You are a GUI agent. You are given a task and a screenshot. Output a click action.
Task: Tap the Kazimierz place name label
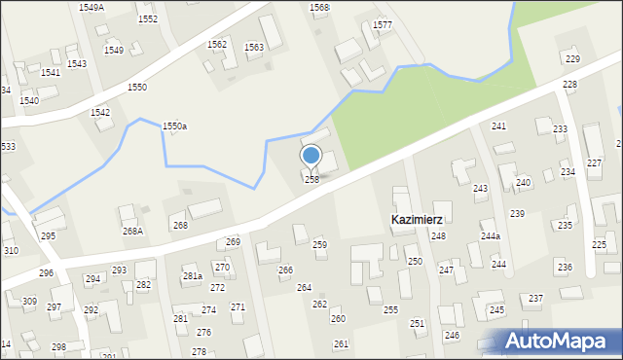point(418,220)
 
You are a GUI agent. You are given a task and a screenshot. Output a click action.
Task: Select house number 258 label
point(311,180)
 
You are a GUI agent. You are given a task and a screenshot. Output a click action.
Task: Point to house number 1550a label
point(174,126)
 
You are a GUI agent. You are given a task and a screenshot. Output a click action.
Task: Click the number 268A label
point(132,232)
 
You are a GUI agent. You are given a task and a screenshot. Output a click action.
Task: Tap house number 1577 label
point(383,24)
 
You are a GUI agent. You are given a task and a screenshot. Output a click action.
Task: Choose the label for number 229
point(572,60)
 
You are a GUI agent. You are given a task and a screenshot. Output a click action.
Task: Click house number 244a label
point(490,236)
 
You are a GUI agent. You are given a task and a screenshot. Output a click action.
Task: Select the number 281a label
point(192,276)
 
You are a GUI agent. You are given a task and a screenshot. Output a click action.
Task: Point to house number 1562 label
point(217,45)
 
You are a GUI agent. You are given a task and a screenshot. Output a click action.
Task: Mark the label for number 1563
point(253,47)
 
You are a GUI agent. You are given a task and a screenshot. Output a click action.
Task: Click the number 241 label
point(498,127)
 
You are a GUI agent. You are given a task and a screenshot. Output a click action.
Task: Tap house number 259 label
point(319,245)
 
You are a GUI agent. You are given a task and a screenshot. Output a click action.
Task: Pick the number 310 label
point(11,251)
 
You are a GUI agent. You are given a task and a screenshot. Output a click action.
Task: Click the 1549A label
point(92,8)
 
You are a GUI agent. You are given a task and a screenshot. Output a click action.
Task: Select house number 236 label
point(564,267)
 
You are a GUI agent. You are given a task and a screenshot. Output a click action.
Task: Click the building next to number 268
point(204,209)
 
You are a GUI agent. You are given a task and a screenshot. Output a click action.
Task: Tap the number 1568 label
point(319,7)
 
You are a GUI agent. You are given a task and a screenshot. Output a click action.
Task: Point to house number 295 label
point(48,236)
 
